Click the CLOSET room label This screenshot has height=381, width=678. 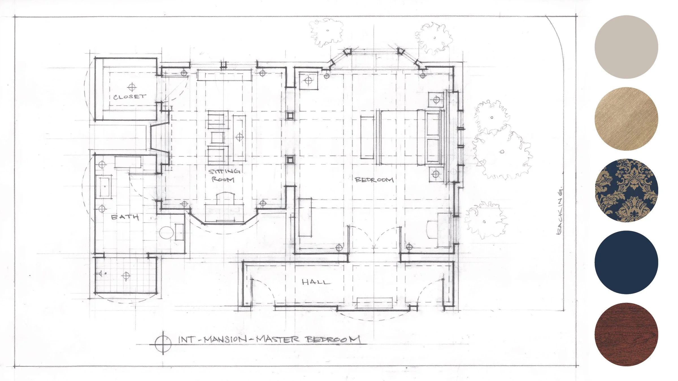130,97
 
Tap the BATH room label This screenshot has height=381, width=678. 125,217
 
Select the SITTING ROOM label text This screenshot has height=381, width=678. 224,175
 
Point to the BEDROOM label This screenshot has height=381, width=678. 374,180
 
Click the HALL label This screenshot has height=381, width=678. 316,282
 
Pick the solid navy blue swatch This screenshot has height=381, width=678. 626,262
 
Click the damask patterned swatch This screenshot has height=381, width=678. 626,190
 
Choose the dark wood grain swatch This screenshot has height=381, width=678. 626,334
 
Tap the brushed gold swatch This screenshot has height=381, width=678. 626,119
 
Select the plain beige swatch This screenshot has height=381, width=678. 626,47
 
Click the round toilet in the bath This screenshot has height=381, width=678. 166,233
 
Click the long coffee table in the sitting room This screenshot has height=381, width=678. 239,137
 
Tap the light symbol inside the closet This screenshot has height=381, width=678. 132,87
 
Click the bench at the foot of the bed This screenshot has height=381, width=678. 367,137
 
